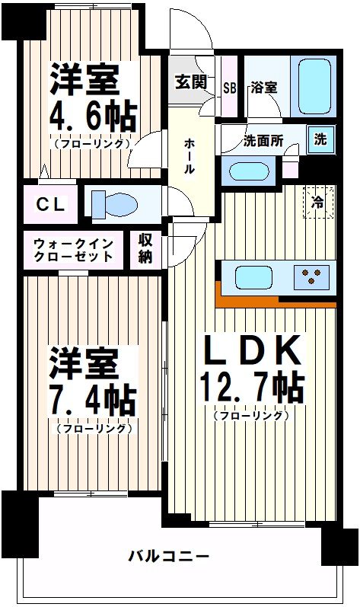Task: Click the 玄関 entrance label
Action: tap(190, 81)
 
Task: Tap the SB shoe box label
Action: tap(229, 86)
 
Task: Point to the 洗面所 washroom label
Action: tap(263, 141)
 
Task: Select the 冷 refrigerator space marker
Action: tap(317, 202)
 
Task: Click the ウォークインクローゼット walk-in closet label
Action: tap(73, 250)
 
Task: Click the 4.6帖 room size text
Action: tap(93, 117)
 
